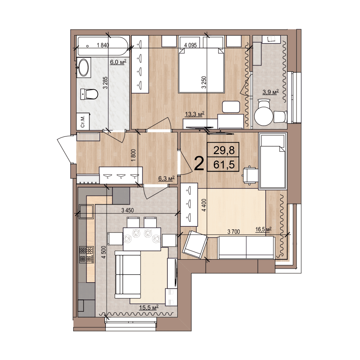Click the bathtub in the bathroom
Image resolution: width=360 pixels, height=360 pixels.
coord(103,46)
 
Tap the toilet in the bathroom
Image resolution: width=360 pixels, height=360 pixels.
coord(89,94)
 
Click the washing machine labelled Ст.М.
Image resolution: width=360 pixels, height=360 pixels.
coord(83,121)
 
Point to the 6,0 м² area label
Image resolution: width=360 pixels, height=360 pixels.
coord(118,62)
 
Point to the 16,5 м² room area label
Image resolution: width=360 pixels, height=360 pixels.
coord(264,229)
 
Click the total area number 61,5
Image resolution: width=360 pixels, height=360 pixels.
coord(224,165)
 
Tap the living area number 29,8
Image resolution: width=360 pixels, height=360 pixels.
coord(224,150)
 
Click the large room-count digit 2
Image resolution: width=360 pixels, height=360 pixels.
coord(199,163)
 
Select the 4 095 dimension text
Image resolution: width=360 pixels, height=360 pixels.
coord(190,45)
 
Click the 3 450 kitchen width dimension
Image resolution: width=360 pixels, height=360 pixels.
coord(127,210)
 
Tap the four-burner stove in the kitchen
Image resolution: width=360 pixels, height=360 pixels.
coord(86,255)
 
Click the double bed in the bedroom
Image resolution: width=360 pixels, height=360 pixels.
coord(201,70)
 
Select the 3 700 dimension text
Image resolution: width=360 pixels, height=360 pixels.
coord(234,231)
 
